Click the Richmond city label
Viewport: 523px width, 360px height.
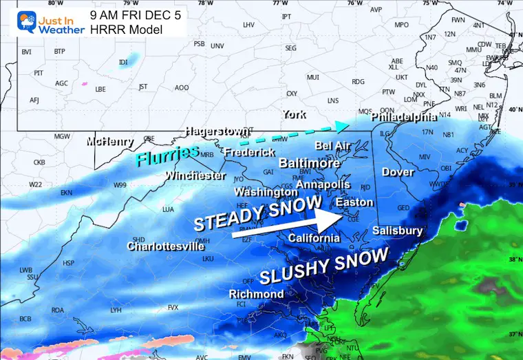tap(256, 294)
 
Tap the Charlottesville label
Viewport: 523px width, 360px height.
tap(165, 246)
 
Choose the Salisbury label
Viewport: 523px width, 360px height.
tap(397, 231)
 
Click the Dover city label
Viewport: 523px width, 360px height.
tap(397, 172)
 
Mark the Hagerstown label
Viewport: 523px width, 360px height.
tap(216, 131)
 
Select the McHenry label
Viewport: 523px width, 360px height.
tap(110, 142)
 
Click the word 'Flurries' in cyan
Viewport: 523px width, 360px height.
tap(167, 156)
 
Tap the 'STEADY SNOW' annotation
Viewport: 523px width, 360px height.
tap(257, 213)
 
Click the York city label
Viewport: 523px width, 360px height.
tap(294, 114)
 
